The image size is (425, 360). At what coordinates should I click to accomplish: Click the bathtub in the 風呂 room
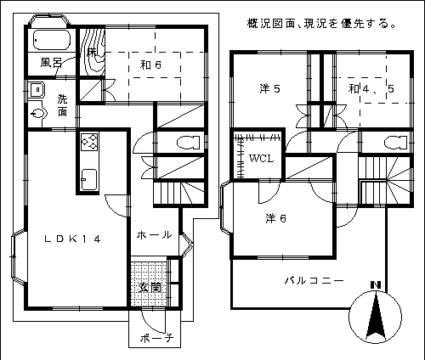click(52, 40)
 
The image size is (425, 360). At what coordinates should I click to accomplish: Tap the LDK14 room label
click(72, 239)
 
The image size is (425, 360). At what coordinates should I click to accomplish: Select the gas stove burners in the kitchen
click(89, 142)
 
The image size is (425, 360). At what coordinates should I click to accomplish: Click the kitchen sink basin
click(89, 180)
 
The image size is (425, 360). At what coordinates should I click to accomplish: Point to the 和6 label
click(150, 65)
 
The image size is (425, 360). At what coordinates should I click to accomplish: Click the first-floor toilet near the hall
click(188, 143)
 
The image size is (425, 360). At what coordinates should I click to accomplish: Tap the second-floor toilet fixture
click(396, 143)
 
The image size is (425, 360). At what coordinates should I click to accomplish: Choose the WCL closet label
click(261, 159)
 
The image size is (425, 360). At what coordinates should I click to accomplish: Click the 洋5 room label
click(269, 89)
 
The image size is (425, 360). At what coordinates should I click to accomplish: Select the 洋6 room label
click(275, 218)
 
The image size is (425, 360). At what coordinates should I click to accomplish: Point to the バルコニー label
click(314, 280)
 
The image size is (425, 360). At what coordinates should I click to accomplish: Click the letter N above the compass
click(376, 285)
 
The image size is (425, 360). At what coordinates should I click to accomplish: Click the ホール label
click(154, 235)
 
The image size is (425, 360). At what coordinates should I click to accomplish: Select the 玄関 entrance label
click(150, 288)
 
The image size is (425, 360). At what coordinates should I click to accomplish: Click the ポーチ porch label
click(156, 338)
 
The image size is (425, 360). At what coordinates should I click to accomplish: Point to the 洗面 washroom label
click(62, 105)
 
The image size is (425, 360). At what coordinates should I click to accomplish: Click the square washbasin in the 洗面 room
click(37, 90)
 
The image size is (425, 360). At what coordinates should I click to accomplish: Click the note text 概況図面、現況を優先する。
click(321, 24)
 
